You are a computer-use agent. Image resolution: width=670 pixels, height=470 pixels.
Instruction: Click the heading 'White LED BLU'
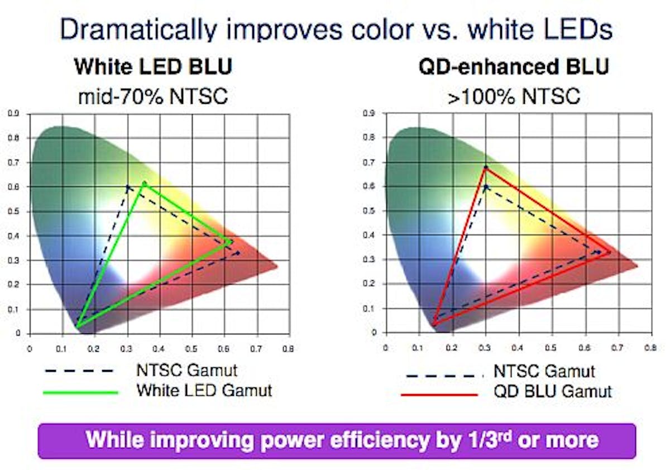(x=153, y=67)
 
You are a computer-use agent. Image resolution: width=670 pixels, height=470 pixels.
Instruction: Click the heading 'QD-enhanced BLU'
(x=514, y=67)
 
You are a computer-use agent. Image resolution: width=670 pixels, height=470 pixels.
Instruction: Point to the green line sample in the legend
(x=80, y=392)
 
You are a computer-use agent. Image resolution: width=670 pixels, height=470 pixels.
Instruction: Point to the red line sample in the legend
(x=439, y=394)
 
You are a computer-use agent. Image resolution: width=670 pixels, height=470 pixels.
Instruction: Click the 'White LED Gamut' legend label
(x=204, y=390)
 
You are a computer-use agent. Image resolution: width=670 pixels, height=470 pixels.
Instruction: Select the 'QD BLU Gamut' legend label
(x=552, y=391)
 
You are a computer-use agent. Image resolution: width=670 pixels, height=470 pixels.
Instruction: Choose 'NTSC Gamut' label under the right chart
(x=544, y=371)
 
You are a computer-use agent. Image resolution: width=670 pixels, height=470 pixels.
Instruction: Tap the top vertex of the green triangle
(x=145, y=183)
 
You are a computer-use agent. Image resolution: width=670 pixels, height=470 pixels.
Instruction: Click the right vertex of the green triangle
(x=231, y=242)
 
